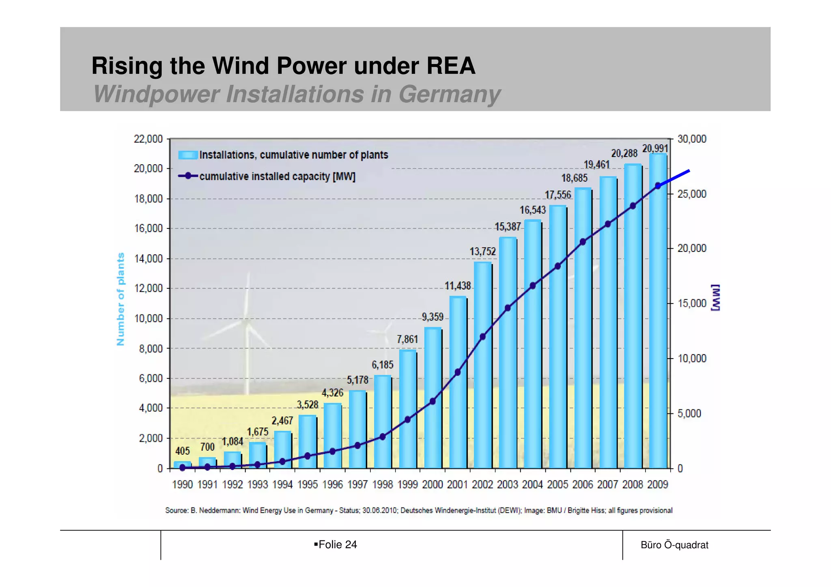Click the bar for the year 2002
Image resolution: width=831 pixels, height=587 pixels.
(482, 365)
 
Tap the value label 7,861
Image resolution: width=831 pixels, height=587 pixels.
(407, 339)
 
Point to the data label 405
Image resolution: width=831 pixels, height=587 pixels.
(183, 451)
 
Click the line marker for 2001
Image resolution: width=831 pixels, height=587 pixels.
(458, 372)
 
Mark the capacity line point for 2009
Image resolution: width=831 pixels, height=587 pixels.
(658, 186)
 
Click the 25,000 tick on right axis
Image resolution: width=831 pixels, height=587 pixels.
(692, 194)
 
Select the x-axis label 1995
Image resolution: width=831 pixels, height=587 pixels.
(307, 484)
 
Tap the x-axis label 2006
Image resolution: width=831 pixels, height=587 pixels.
(582, 484)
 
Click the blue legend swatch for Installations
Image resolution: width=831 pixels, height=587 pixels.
(188, 155)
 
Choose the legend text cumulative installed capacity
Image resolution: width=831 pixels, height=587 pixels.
(277, 176)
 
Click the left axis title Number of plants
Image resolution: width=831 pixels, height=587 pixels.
(121, 299)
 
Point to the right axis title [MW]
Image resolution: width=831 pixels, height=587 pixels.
(715, 297)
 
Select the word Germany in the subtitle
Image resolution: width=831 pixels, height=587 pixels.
(449, 94)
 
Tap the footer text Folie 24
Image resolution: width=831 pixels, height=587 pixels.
(337, 544)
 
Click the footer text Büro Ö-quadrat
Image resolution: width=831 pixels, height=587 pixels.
(674, 545)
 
